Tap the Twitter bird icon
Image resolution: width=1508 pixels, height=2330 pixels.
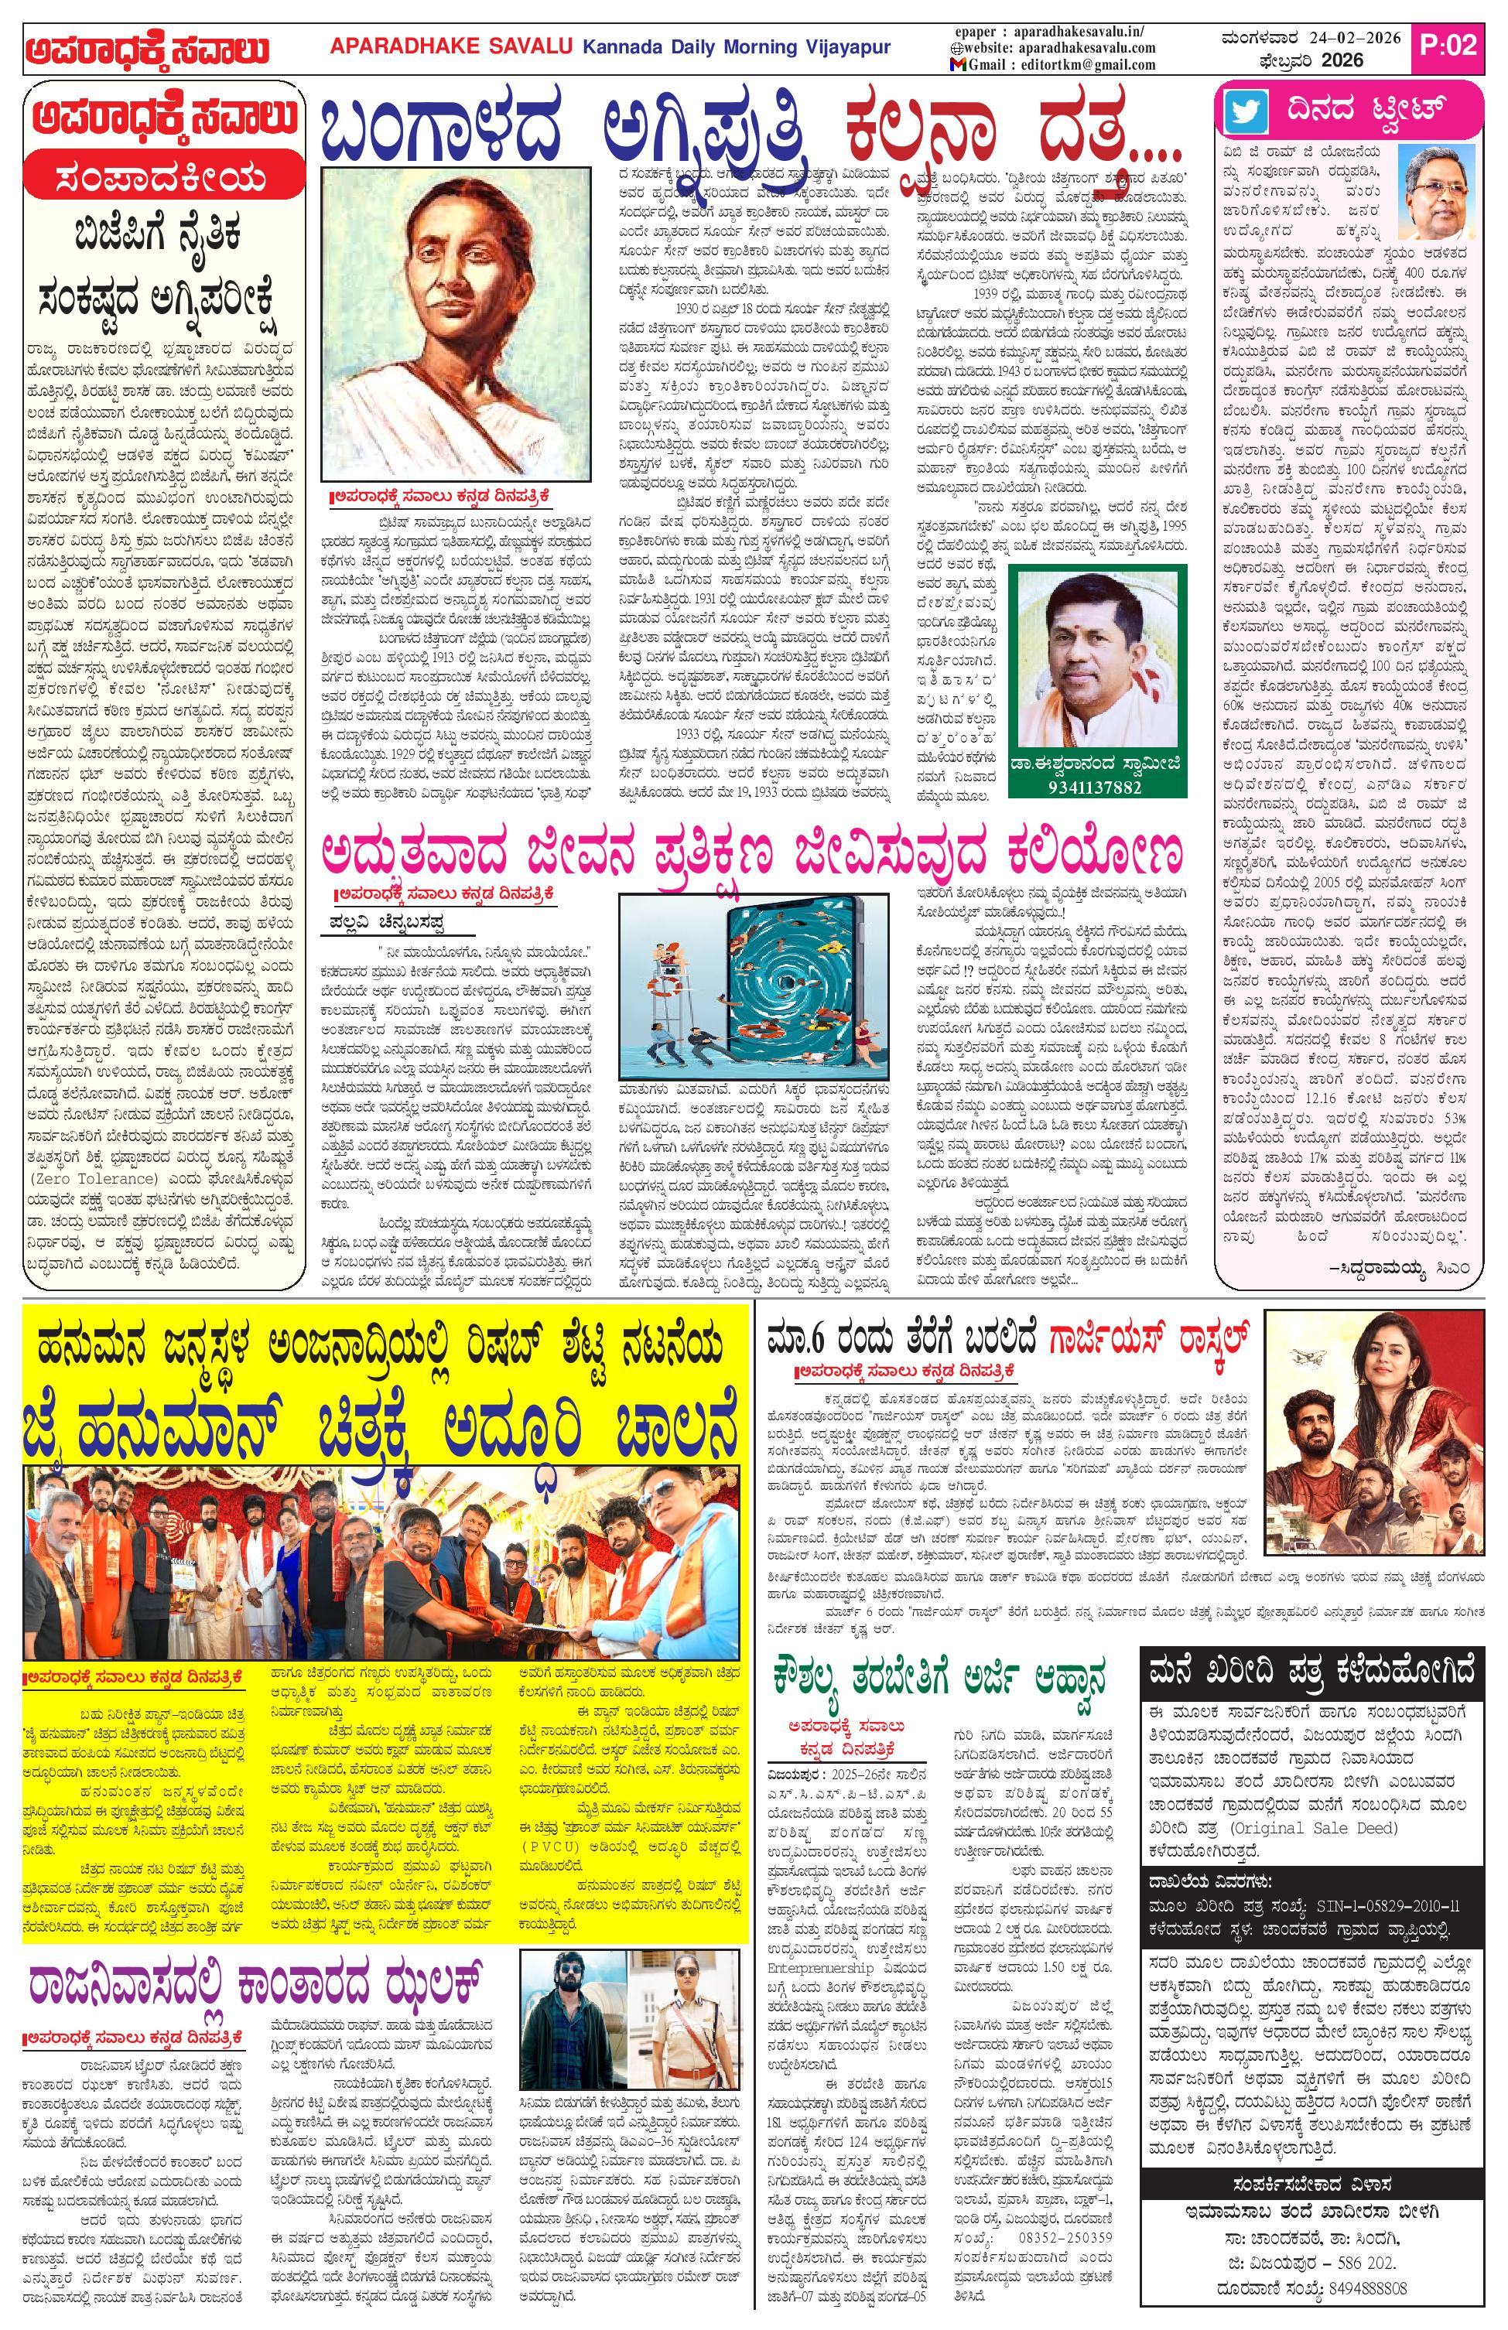[x=1245, y=111]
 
